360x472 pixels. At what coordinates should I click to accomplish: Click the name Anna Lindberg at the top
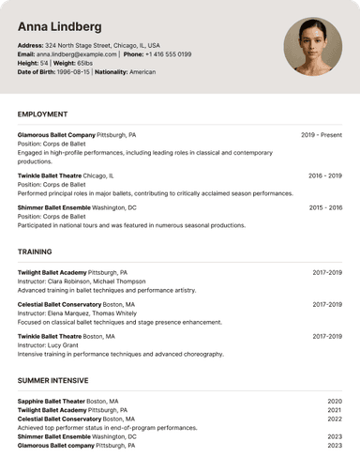(x=60, y=26)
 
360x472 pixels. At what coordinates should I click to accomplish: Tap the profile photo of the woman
(x=313, y=46)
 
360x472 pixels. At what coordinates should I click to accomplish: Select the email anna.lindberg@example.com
(x=78, y=54)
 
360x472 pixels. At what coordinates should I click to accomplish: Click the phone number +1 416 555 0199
(x=169, y=54)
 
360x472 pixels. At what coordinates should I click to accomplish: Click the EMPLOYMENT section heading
(x=49, y=114)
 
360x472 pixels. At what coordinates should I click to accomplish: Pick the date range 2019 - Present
(x=322, y=135)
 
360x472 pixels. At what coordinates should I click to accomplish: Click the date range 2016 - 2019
(x=325, y=175)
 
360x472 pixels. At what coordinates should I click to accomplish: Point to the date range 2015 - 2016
(x=325, y=207)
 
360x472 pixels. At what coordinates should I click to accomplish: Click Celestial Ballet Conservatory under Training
(x=60, y=305)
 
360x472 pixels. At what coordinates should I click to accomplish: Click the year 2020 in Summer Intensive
(x=335, y=402)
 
